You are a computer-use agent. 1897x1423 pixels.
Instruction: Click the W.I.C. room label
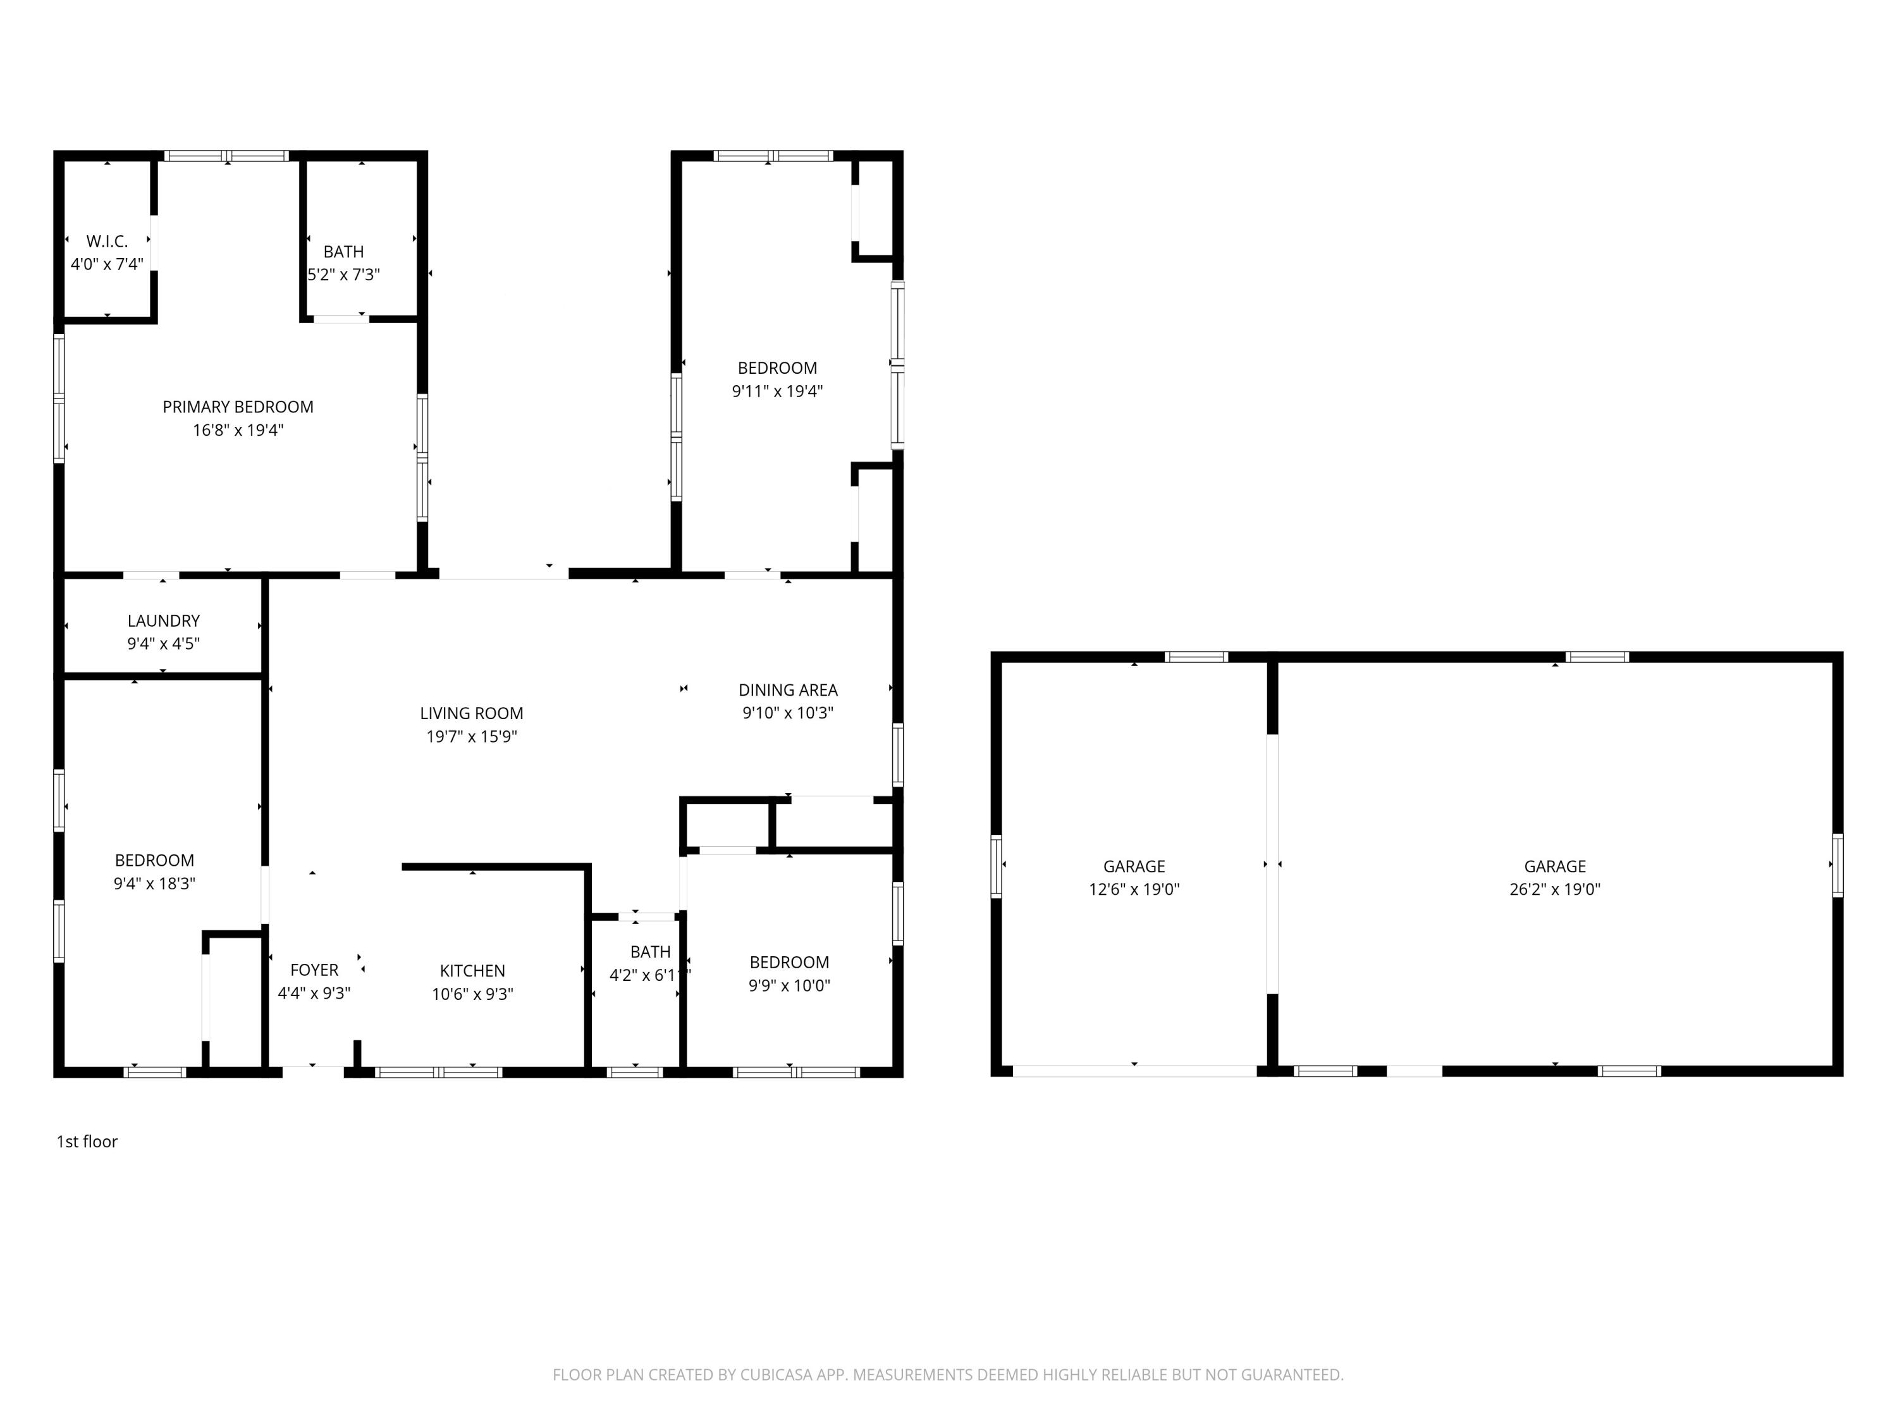(107, 242)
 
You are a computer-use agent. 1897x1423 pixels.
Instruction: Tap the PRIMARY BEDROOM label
(238, 407)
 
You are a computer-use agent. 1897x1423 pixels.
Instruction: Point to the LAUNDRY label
(163, 621)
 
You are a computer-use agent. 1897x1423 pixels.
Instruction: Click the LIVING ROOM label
(471, 713)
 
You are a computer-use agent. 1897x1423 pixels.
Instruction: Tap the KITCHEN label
(472, 971)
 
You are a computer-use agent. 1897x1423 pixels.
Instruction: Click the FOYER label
(314, 970)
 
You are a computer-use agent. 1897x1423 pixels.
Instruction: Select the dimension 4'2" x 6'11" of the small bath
(649, 975)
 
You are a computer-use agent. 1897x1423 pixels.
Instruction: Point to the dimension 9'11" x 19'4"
(777, 391)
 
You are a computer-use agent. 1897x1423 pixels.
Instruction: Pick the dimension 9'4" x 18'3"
(154, 884)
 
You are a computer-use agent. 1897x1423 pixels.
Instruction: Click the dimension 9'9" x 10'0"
(789, 985)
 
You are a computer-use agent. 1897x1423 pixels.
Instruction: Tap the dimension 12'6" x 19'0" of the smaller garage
(1134, 889)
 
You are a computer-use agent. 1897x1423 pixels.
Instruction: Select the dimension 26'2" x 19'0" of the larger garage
(1554, 889)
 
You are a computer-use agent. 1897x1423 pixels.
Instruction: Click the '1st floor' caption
(87, 1142)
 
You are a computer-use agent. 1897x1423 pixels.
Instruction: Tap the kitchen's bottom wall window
(438, 1072)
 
